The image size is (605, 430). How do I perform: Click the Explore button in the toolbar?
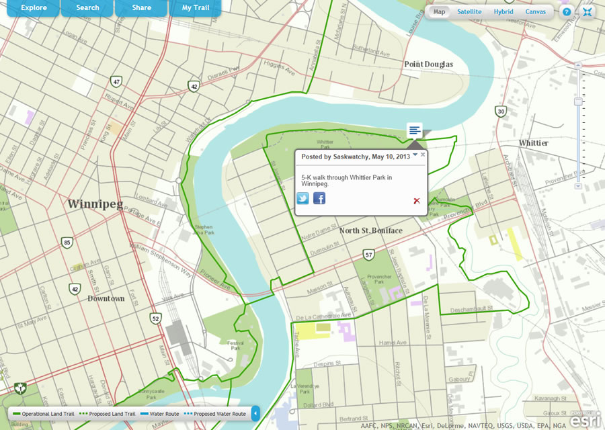tap(34, 8)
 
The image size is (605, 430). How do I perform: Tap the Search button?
tap(87, 8)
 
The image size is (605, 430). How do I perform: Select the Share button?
tap(142, 8)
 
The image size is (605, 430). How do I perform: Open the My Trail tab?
tap(196, 8)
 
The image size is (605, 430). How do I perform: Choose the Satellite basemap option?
tap(469, 12)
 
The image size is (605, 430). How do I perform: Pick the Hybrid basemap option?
tap(503, 12)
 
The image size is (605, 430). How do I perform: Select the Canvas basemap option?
tap(536, 12)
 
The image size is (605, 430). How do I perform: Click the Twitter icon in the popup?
tap(303, 198)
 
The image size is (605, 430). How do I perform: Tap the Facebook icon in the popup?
tap(319, 198)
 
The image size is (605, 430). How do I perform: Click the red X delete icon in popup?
tap(417, 200)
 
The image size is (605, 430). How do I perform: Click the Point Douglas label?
tap(428, 64)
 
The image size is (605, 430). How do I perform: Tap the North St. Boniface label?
tap(371, 231)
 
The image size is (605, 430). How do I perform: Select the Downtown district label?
tap(106, 298)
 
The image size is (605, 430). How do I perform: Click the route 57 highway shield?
tap(368, 255)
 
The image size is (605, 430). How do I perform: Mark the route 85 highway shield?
tap(67, 242)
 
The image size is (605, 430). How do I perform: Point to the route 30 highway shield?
tap(500, 111)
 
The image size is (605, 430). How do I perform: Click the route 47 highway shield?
tap(117, 82)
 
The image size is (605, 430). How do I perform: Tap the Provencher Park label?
tap(380, 279)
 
